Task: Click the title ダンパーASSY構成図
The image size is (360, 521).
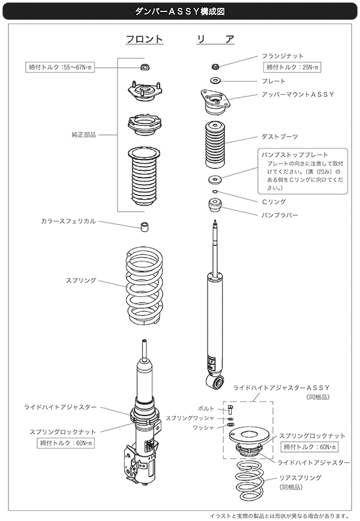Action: [x=179, y=10]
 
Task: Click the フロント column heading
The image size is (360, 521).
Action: [x=144, y=40]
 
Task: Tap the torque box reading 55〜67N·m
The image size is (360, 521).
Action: [x=60, y=67]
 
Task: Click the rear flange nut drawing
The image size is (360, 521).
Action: [x=215, y=66]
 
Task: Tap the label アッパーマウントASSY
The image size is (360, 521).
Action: [x=298, y=95]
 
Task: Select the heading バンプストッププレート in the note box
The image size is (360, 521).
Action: [x=293, y=154]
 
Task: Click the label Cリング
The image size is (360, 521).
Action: [x=274, y=202]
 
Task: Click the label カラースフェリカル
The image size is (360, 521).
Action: [x=68, y=221]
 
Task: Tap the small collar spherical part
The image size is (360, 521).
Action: [x=143, y=227]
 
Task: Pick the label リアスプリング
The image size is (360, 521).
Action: [x=301, y=478]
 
